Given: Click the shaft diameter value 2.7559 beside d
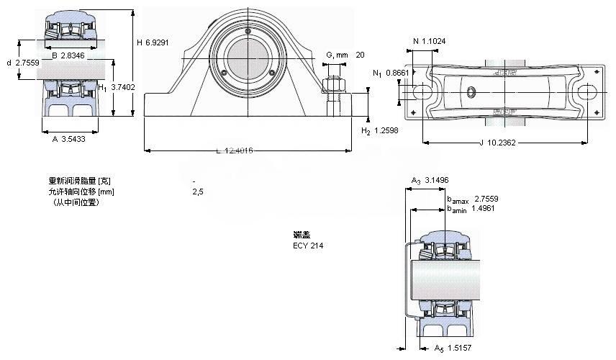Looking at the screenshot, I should tap(27, 63).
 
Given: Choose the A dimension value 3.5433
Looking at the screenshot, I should tap(74, 139).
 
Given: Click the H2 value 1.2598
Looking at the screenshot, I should tap(387, 130).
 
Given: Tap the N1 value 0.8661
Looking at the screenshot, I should tap(397, 73).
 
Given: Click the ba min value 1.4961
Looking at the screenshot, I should tap(486, 209).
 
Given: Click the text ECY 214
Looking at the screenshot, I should tap(308, 246).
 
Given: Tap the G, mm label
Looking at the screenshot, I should tap(337, 55).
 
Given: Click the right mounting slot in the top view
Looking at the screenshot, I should tap(586, 92).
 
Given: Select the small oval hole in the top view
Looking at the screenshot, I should tap(472, 91).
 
